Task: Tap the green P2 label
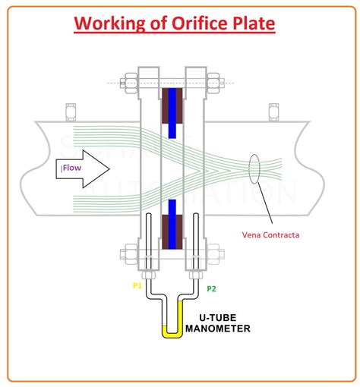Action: click(212, 289)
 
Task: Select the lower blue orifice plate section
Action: click(174, 225)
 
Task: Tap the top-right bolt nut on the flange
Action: click(213, 80)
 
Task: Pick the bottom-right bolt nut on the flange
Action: click(213, 253)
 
